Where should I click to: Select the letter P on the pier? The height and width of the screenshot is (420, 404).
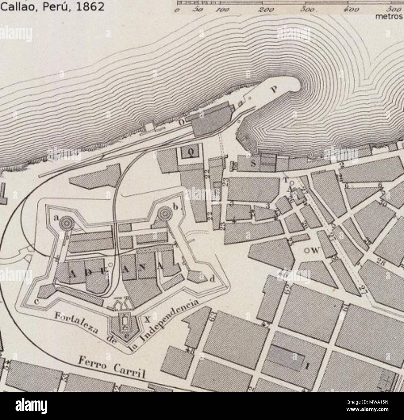273,89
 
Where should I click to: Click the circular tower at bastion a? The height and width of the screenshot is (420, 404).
66,222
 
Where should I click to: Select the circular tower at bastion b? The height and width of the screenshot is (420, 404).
164,214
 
